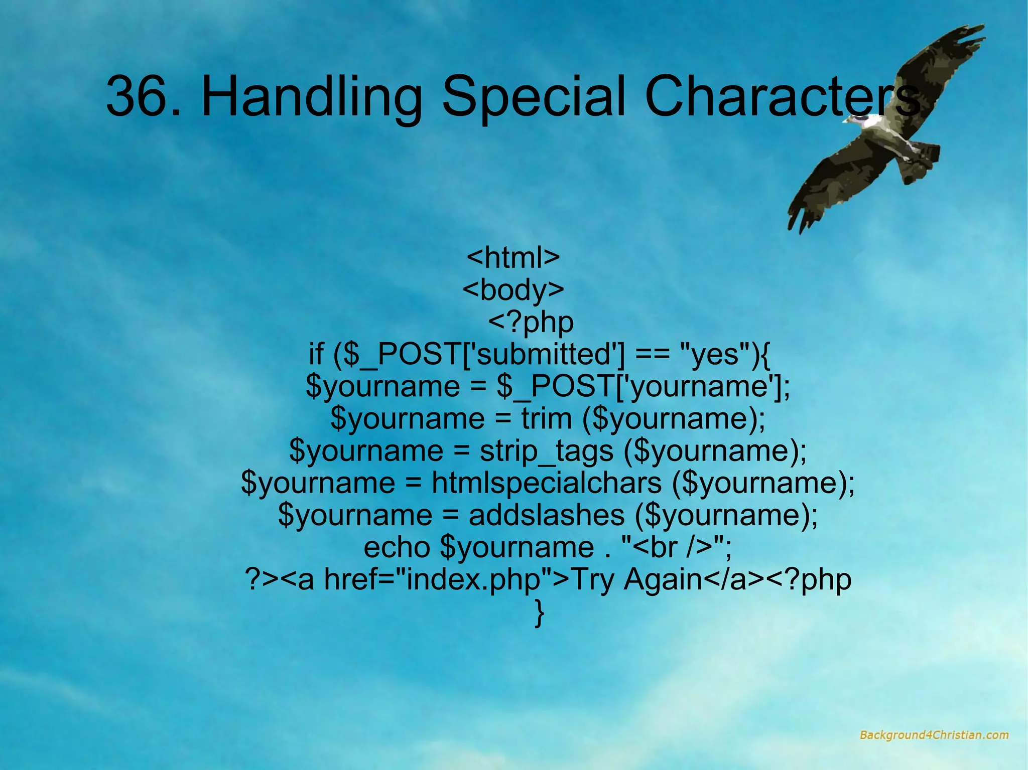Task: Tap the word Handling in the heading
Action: [312, 96]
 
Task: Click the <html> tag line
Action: [513, 258]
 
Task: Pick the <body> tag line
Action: [513, 290]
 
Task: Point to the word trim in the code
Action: [546, 418]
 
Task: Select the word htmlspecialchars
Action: [547, 483]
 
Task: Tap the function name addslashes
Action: [547, 515]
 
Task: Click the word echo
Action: [397, 547]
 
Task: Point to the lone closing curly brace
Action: [539, 613]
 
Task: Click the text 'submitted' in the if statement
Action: [545, 354]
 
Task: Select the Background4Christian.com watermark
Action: [934, 735]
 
